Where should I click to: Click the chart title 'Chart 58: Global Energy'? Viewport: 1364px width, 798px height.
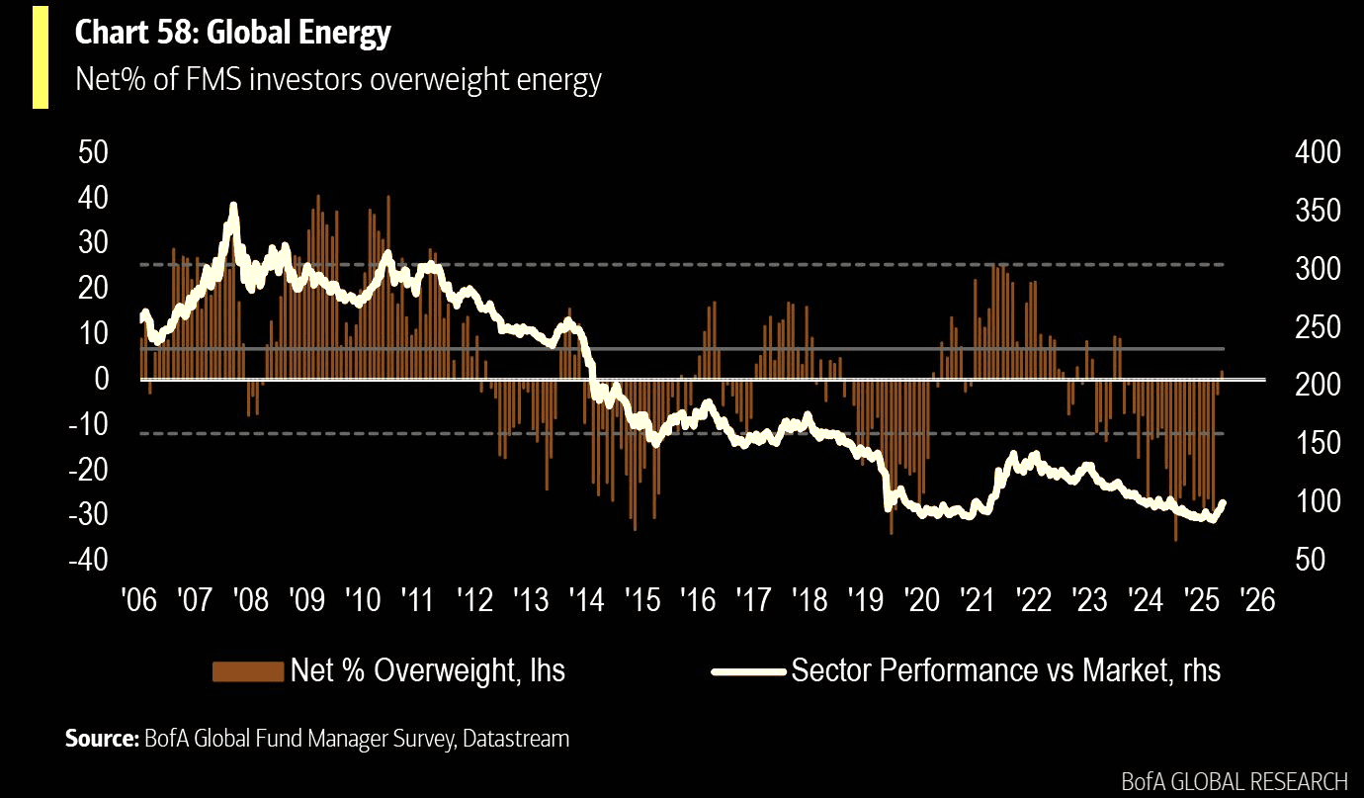233,34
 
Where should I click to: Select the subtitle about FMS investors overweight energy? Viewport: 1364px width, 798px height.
338,80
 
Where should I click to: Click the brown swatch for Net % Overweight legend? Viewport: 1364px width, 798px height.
248,671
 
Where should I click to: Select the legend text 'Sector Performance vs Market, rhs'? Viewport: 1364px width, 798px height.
1005,671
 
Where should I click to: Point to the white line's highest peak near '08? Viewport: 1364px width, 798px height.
234,207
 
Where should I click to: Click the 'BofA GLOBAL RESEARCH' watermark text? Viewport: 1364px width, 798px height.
1235,781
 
